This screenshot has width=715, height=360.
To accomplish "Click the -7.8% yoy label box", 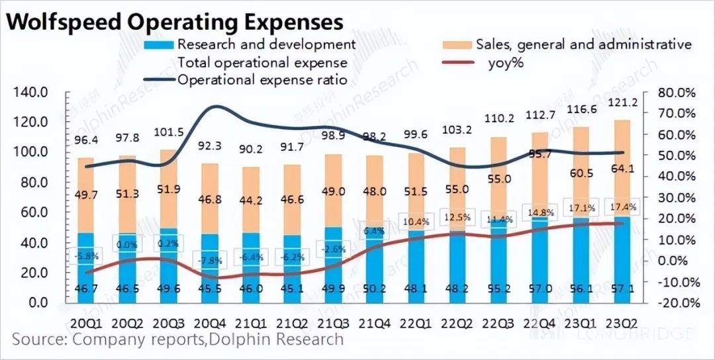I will (x=212, y=260).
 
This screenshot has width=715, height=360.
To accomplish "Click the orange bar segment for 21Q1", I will (x=254, y=199).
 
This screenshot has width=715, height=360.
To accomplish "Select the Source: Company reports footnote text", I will (x=177, y=340).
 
